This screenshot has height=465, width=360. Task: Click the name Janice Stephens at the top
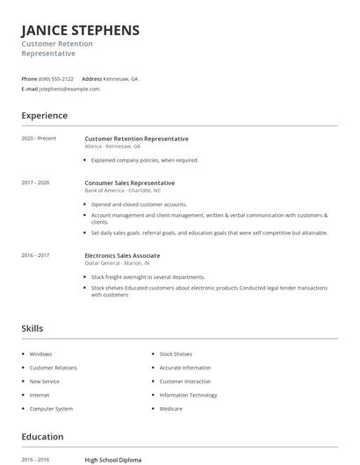click(x=80, y=31)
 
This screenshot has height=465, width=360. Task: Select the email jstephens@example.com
click(x=69, y=89)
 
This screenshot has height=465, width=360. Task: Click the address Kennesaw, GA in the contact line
click(x=122, y=79)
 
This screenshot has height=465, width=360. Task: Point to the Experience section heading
click(x=44, y=116)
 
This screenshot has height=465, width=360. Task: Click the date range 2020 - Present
click(x=39, y=139)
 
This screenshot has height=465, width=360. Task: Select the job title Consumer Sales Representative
click(x=129, y=182)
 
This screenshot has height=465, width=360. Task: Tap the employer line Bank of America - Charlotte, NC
click(x=123, y=190)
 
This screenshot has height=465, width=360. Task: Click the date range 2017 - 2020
click(x=35, y=182)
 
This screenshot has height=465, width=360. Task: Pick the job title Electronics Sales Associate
click(x=122, y=255)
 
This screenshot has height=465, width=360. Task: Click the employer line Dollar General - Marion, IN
click(x=117, y=263)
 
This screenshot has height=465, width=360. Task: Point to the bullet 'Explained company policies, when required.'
click(x=145, y=161)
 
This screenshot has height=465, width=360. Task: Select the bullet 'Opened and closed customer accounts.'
click(x=139, y=204)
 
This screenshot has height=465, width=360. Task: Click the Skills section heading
click(x=32, y=328)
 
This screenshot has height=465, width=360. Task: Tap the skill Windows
click(x=40, y=354)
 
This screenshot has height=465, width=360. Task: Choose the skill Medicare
click(x=171, y=409)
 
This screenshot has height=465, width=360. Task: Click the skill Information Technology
click(x=188, y=395)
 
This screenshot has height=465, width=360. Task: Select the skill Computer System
click(x=51, y=409)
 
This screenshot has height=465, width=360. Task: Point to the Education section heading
click(x=42, y=437)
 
